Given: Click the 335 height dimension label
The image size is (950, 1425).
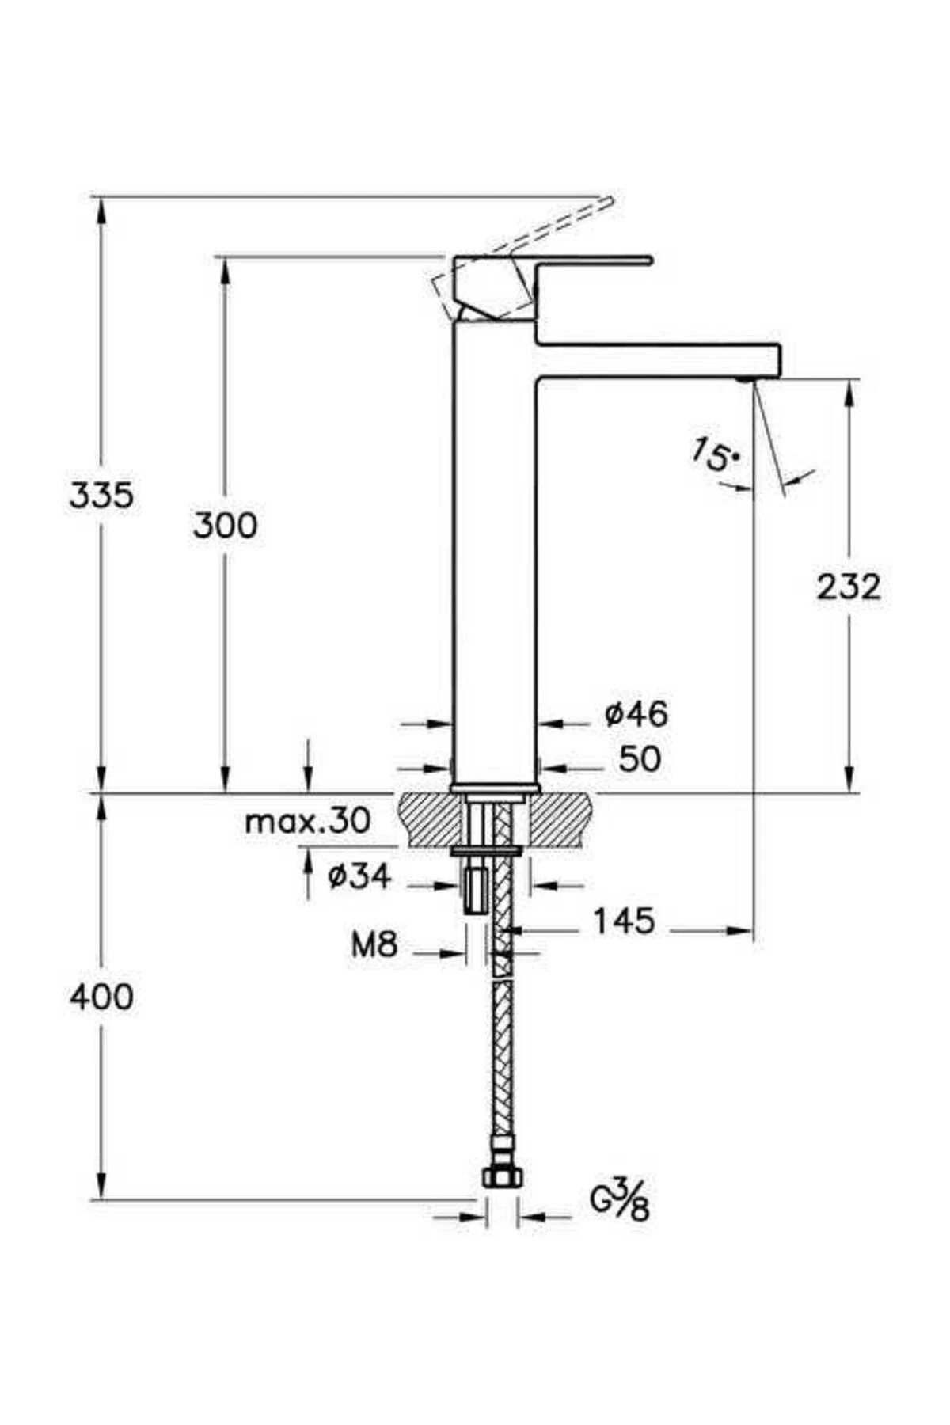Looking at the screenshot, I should pos(101,496).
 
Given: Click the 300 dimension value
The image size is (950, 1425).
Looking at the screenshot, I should pos(226,526).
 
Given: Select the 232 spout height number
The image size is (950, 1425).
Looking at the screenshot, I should pos(848,587).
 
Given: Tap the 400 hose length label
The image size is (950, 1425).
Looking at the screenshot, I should pos(101,997).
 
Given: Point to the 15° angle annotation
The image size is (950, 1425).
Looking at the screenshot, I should pos(715,455).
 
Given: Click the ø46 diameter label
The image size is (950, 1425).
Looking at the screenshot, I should pos(636,714).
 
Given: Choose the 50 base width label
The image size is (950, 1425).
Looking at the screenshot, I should pos(640,759).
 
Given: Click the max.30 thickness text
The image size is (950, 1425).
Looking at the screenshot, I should pos(307,822).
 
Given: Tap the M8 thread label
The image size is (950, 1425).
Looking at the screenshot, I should pos(374,944).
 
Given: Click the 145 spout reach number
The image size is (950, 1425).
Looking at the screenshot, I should pos(624,921).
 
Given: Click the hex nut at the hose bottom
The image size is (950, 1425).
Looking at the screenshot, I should pos(502,1177).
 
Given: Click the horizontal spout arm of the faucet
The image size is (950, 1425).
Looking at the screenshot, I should pos(657,360).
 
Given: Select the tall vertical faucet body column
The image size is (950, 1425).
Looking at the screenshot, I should pos(495,554).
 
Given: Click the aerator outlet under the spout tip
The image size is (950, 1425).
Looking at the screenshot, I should pos(743,380).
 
